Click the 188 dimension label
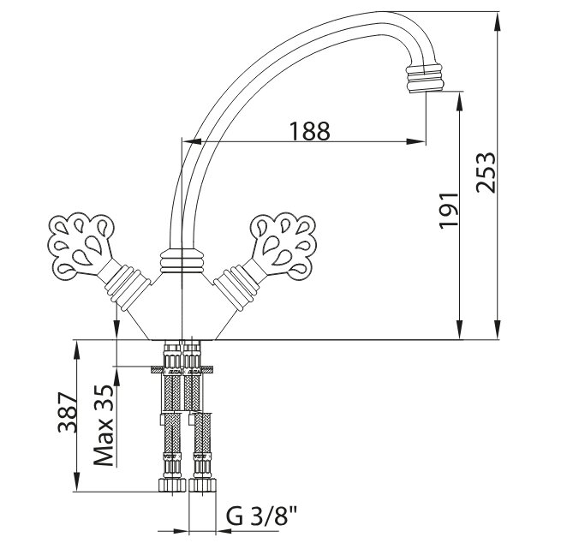[x=309, y=131]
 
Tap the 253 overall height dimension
[x=486, y=173]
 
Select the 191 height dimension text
[x=449, y=211]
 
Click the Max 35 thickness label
[x=104, y=425]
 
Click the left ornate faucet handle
[x=81, y=246]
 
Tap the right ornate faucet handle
[x=283, y=246]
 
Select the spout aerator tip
[x=425, y=78]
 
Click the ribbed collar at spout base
[x=182, y=260]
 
